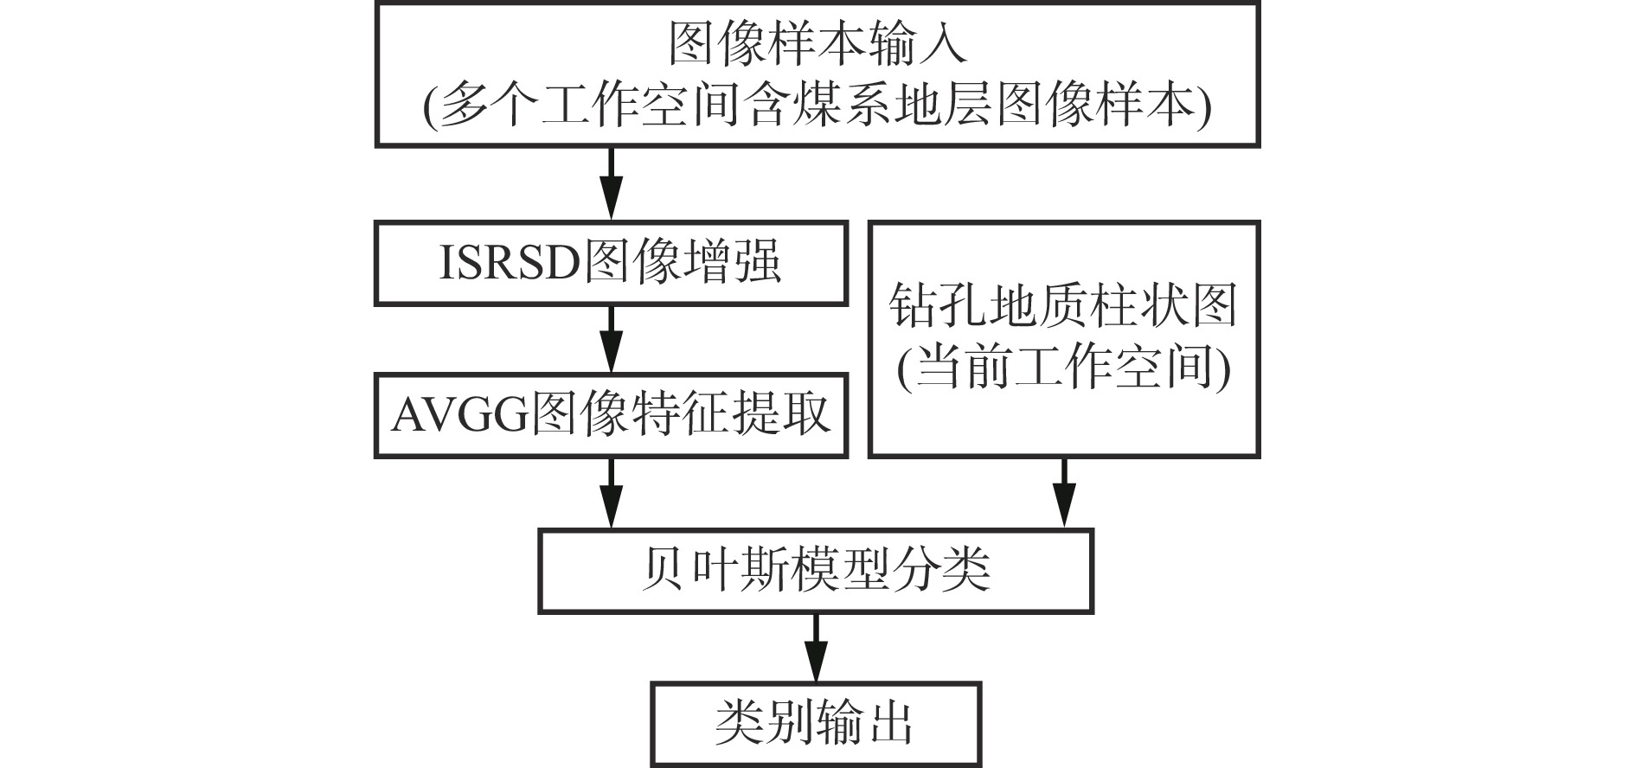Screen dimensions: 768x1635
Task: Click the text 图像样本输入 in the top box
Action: (x=817, y=43)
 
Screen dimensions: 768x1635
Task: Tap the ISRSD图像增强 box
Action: (x=611, y=262)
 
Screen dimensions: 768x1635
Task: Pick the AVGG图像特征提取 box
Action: (x=611, y=416)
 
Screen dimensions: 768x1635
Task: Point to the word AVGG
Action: (x=459, y=416)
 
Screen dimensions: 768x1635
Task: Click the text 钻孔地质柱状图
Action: (x=1064, y=307)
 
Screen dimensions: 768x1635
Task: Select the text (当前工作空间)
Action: (x=1064, y=369)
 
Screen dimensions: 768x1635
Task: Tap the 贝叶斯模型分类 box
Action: (x=816, y=570)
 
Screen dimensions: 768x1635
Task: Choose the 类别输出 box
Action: (x=816, y=724)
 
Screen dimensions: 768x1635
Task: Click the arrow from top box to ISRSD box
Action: (x=611, y=183)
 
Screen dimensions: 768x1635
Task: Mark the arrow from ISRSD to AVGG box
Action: (x=611, y=338)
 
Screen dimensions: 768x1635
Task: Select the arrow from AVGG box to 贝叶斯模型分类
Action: (x=611, y=491)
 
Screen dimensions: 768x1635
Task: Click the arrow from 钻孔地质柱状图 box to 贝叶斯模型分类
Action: (x=1064, y=491)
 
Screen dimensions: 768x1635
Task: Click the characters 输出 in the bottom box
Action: (x=864, y=724)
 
